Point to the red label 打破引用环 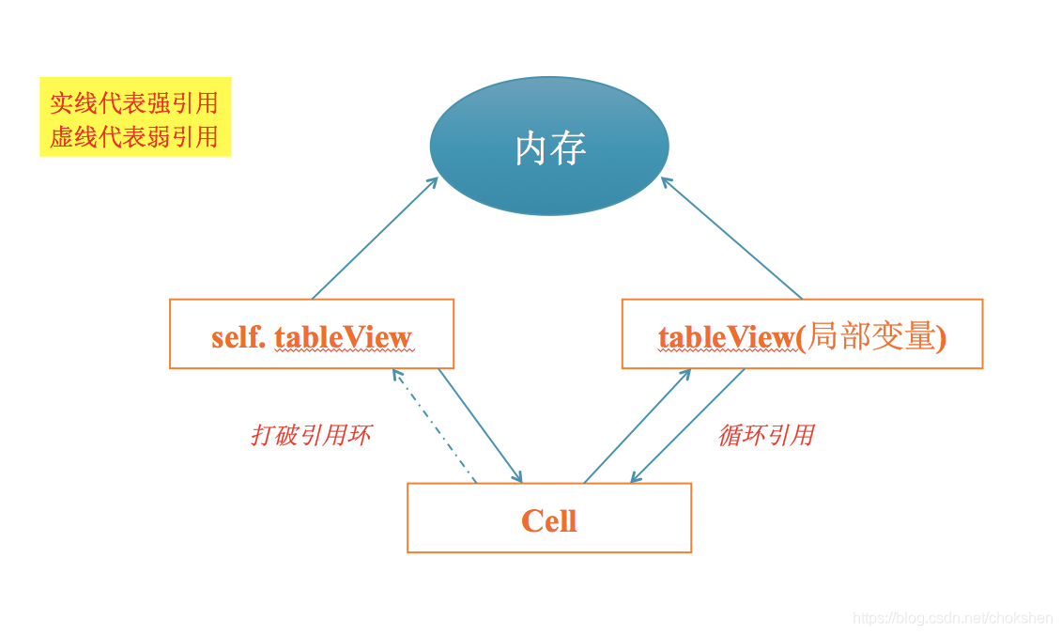[x=311, y=436]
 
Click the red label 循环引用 [x=765, y=436]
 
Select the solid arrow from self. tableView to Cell [x=480, y=426]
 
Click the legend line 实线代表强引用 [x=134, y=102]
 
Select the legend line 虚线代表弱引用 [x=134, y=137]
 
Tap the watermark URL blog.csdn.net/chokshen [x=952, y=617]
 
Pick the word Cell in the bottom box [x=548, y=520]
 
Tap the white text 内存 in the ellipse [x=550, y=147]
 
